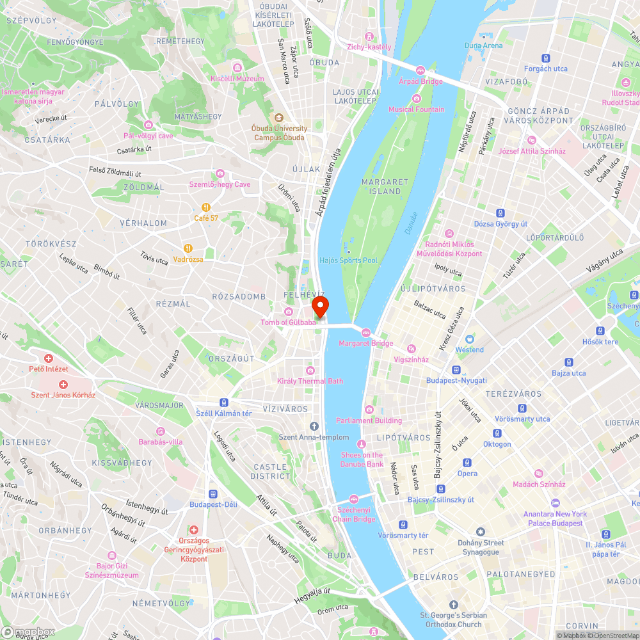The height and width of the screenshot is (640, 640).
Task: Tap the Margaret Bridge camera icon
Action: point(365,332)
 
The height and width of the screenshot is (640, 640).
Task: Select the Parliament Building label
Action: point(369,420)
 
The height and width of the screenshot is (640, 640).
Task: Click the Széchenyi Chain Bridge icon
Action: point(354,499)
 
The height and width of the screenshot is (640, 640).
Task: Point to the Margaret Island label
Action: point(385,186)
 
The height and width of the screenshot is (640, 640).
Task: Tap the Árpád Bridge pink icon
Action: point(420,70)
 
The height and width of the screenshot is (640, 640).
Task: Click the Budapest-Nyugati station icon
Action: point(456,370)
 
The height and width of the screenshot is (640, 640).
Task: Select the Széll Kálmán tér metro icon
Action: point(224,402)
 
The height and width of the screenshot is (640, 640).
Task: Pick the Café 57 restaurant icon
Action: point(206,207)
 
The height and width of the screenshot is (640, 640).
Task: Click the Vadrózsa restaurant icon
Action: point(188,248)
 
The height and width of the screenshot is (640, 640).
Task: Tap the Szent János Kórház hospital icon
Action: point(63,384)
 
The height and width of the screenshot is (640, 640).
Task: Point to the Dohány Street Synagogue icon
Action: point(481,532)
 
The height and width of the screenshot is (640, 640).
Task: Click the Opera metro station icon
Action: point(467,462)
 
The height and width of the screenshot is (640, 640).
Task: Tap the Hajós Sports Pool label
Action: point(349,260)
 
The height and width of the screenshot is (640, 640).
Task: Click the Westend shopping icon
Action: point(470,339)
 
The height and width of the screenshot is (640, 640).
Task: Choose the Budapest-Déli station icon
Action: point(213,493)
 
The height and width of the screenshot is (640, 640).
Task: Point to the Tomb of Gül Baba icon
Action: point(289,311)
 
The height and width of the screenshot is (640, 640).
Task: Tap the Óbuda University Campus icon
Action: point(279,118)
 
